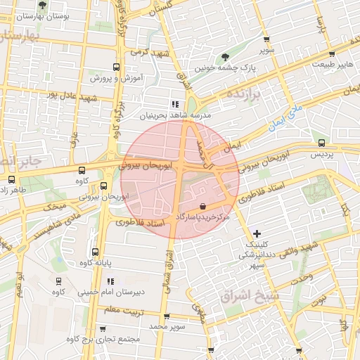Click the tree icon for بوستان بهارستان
point(44,4)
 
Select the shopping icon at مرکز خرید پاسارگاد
point(203,207)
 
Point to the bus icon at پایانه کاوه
point(95,252)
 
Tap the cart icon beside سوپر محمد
point(165,316)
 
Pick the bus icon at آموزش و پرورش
point(116,68)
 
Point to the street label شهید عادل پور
point(60,94)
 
